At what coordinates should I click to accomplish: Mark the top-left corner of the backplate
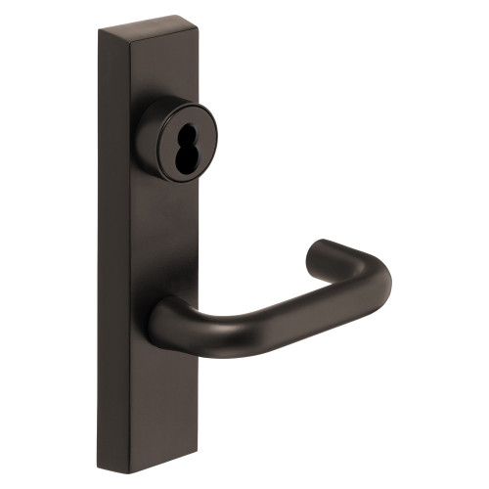pyautogui.click(x=99, y=29)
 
